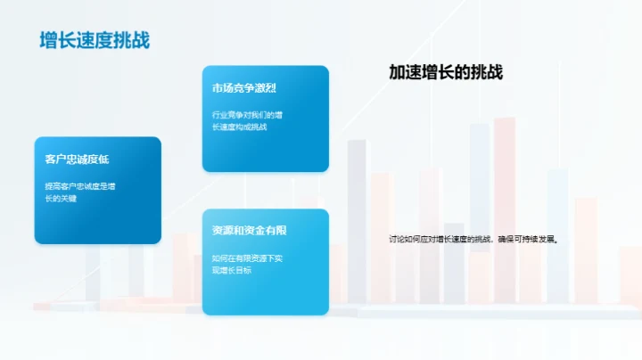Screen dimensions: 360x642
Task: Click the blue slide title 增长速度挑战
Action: (95, 40)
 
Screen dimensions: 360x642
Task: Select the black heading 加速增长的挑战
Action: (446, 73)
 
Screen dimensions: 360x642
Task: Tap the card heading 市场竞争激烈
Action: (243, 88)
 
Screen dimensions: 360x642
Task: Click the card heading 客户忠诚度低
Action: (77, 160)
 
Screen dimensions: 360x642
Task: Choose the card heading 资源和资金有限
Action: (249, 231)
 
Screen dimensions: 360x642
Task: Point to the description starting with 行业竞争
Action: (247, 120)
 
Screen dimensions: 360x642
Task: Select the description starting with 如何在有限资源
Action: (247, 263)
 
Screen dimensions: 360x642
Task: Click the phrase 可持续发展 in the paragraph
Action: (537, 239)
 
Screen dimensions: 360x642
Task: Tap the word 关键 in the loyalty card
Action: (69, 198)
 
